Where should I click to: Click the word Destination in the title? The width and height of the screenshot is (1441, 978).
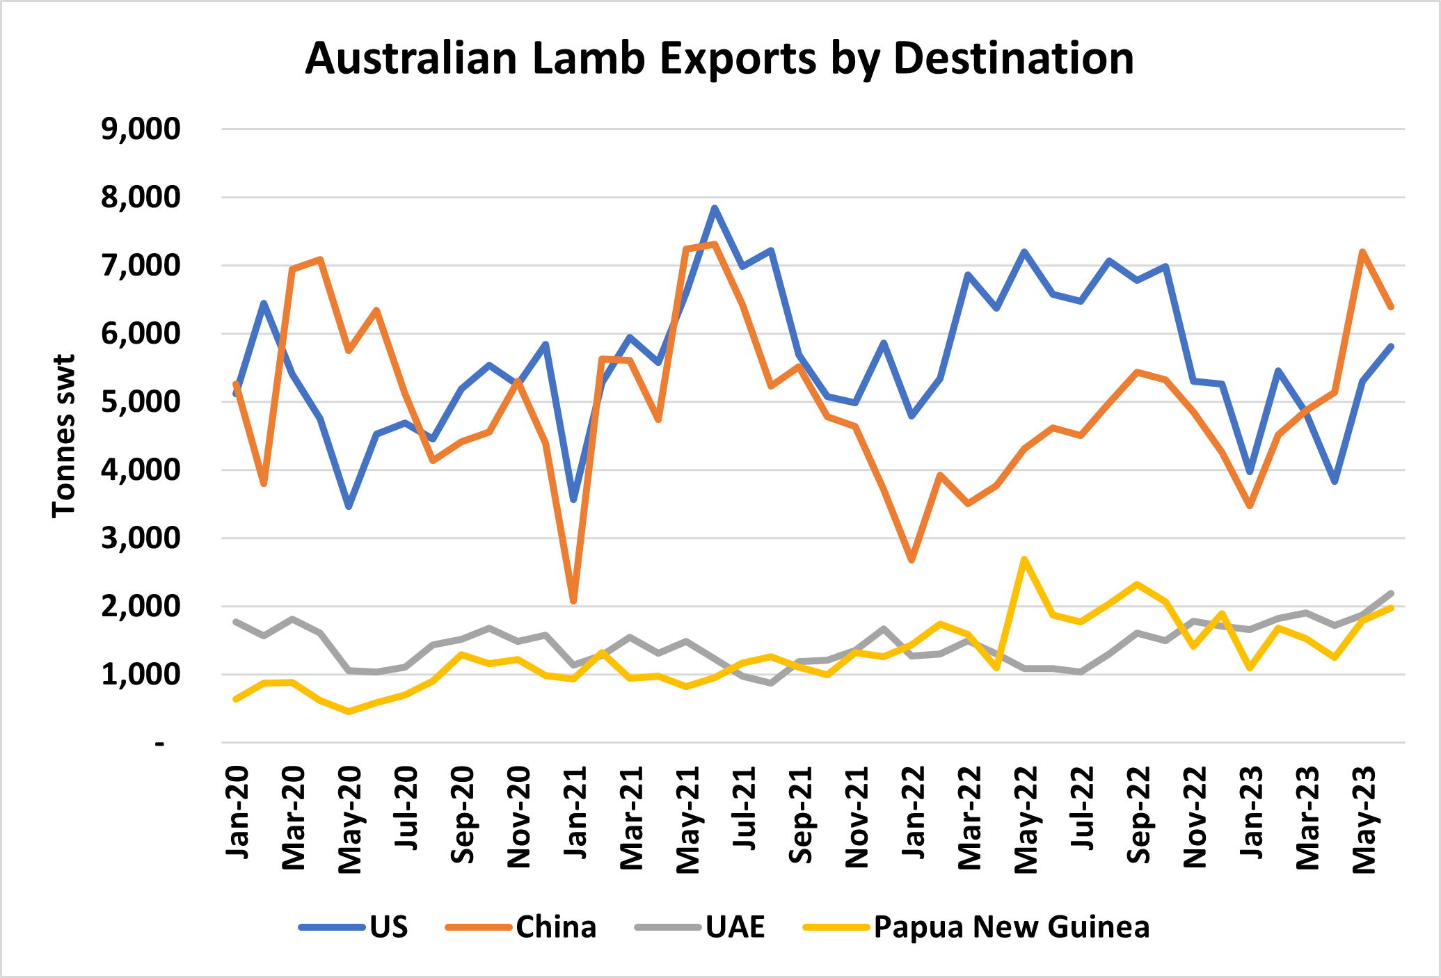click(x=1013, y=58)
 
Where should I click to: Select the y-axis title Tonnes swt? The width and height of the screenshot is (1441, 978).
click(x=64, y=436)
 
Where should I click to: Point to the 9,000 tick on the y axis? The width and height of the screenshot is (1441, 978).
click(x=141, y=129)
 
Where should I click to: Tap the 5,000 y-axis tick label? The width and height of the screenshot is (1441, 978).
click(x=141, y=402)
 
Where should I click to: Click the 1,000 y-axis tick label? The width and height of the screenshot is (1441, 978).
click(x=141, y=675)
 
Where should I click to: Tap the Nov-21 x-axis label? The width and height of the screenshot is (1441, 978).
click(x=857, y=817)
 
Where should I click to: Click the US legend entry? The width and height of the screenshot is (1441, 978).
click(x=388, y=927)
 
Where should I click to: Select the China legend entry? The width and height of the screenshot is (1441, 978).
click(x=555, y=927)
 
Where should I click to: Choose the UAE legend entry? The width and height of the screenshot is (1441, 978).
click(x=735, y=927)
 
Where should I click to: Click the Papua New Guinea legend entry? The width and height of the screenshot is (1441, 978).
click(x=1011, y=927)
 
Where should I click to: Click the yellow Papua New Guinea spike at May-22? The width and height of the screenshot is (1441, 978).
click(x=1024, y=559)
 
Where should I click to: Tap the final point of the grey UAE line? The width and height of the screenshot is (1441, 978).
click(x=1391, y=593)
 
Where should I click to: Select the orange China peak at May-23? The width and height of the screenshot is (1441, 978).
click(x=1362, y=251)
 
